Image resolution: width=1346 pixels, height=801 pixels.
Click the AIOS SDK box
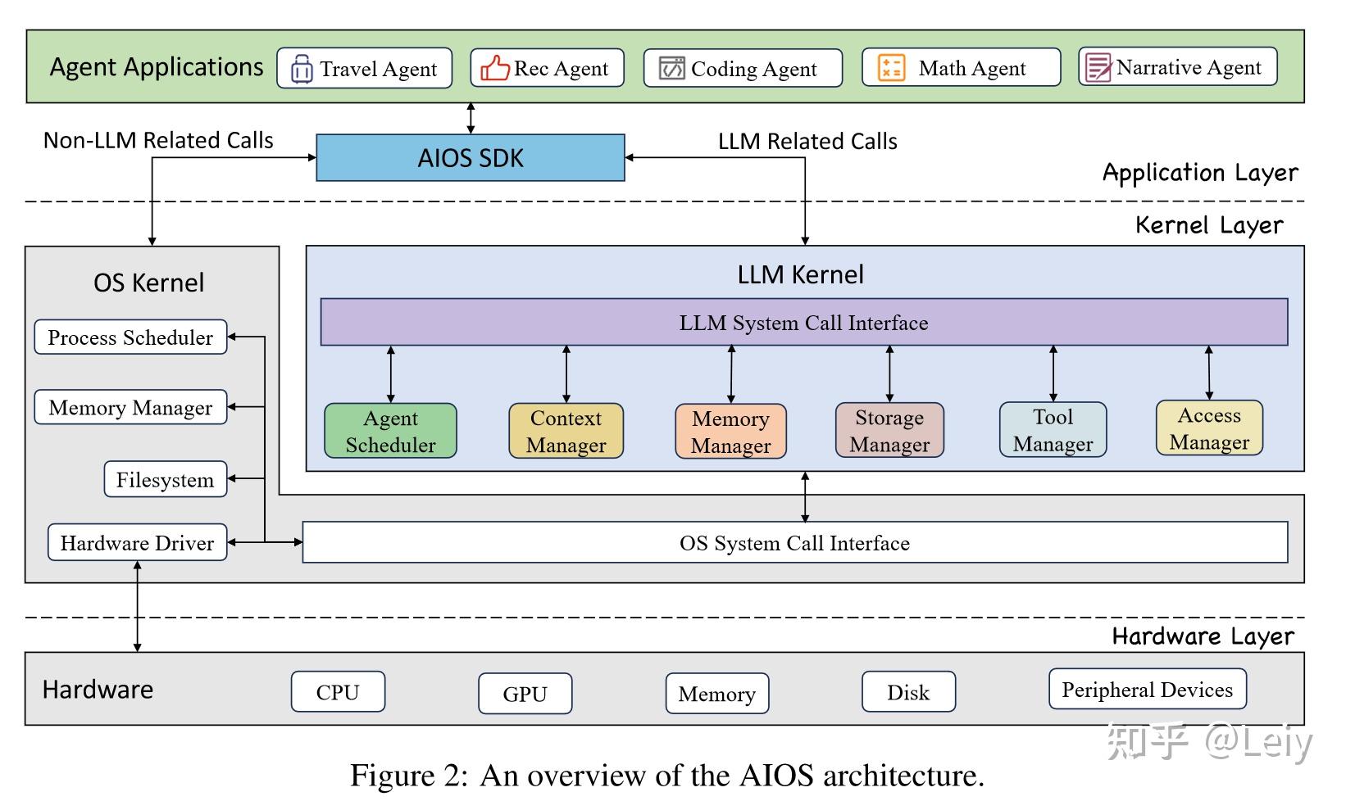coord(470,157)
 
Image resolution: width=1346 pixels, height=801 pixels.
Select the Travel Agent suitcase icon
coord(302,69)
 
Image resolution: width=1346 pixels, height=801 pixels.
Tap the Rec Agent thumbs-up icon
coord(494,68)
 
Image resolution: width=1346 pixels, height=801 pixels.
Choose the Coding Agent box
coord(743,69)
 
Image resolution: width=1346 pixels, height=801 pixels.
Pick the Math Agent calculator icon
coord(891,68)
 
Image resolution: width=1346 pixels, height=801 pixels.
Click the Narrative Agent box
coord(1177,67)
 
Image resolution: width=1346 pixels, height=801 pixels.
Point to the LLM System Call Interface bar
coord(803,323)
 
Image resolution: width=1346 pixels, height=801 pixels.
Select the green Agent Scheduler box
coord(390,431)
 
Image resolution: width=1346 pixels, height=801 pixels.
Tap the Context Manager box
coord(566,431)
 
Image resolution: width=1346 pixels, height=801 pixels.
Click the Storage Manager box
coord(889,431)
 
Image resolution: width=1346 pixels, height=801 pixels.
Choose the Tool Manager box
coord(1053,430)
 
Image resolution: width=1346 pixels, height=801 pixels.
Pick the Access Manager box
coord(1209,428)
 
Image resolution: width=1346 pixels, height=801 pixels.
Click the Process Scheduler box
coord(130,337)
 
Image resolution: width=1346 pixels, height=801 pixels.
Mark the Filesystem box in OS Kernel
coord(165,480)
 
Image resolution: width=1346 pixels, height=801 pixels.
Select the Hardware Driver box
coord(137,543)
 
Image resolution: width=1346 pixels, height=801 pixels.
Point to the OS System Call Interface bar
coord(794,543)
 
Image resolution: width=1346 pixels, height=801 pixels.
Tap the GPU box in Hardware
coord(525,694)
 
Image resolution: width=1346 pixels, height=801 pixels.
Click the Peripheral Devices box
coord(1147,690)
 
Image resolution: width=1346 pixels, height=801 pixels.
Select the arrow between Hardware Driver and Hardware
coord(137,607)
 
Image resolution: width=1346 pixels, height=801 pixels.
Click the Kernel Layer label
coord(1208,225)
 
